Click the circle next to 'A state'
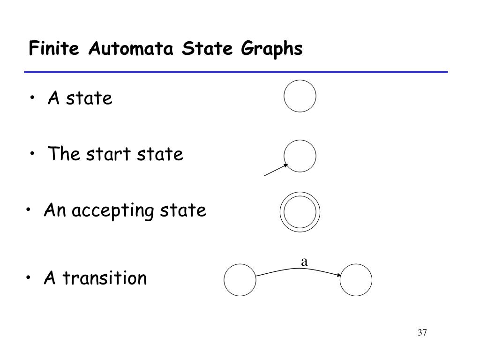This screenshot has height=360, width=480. pyautogui.click(x=300, y=96)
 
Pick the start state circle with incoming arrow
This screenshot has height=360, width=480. pyautogui.click(x=300, y=156)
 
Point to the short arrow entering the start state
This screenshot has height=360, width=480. pyautogui.click(x=276, y=170)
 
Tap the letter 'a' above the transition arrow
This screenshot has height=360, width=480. pyautogui.click(x=304, y=262)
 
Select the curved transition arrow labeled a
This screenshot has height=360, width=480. pyautogui.click(x=299, y=269)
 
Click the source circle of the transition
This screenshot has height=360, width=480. pyautogui.click(x=240, y=280)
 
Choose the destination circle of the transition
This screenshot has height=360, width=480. pyautogui.click(x=356, y=280)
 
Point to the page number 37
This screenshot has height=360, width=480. pyautogui.click(x=422, y=333)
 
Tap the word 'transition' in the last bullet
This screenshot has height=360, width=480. pyautogui.click(x=105, y=278)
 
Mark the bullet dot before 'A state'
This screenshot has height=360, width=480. pyautogui.click(x=34, y=98)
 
